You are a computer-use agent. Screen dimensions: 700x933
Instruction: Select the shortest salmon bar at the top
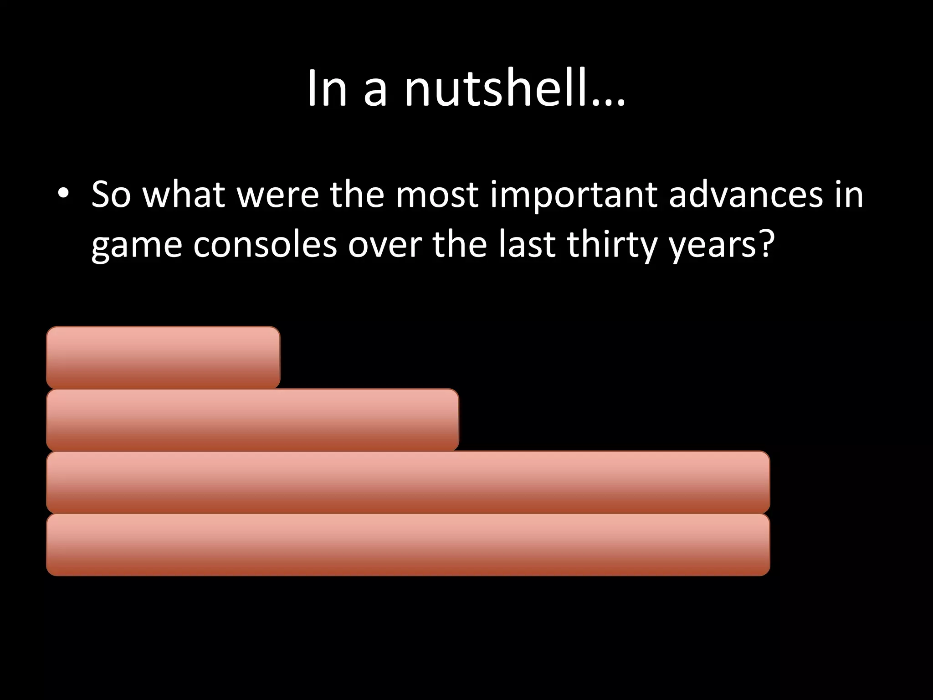pos(163,357)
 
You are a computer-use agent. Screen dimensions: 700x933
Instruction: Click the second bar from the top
pos(252,420)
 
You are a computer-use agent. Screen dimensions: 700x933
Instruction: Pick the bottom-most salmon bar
pos(408,545)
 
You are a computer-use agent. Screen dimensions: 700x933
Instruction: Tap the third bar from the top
pos(408,482)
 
